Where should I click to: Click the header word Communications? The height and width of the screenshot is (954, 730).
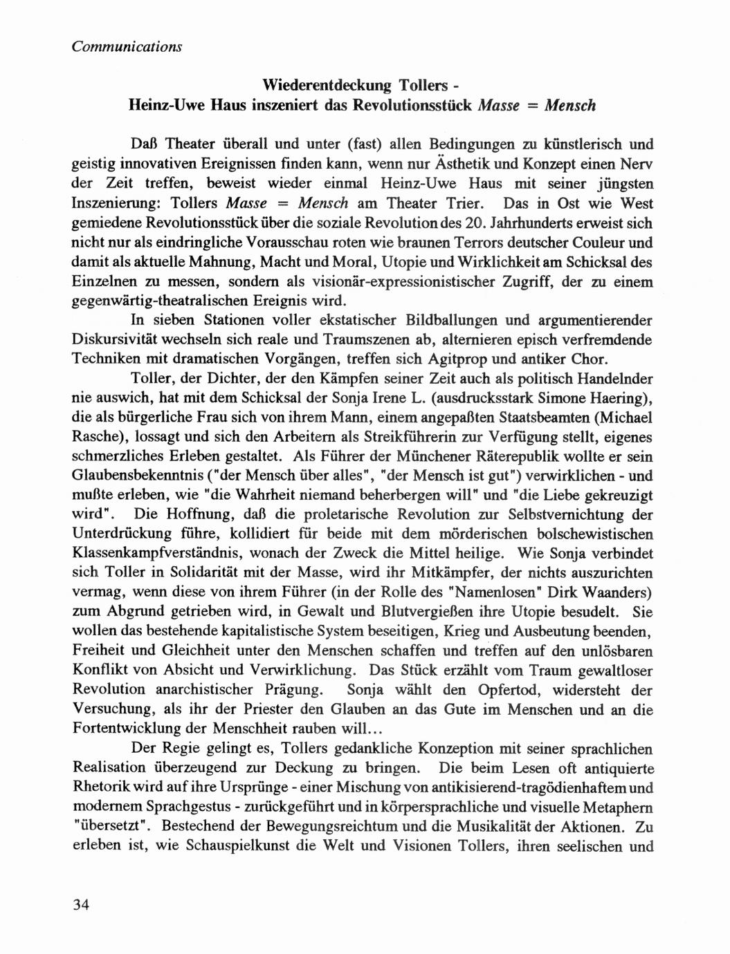tap(126, 46)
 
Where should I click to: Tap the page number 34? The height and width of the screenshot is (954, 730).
tap(82, 905)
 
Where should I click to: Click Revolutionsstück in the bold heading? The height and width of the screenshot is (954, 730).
tap(413, 106)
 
